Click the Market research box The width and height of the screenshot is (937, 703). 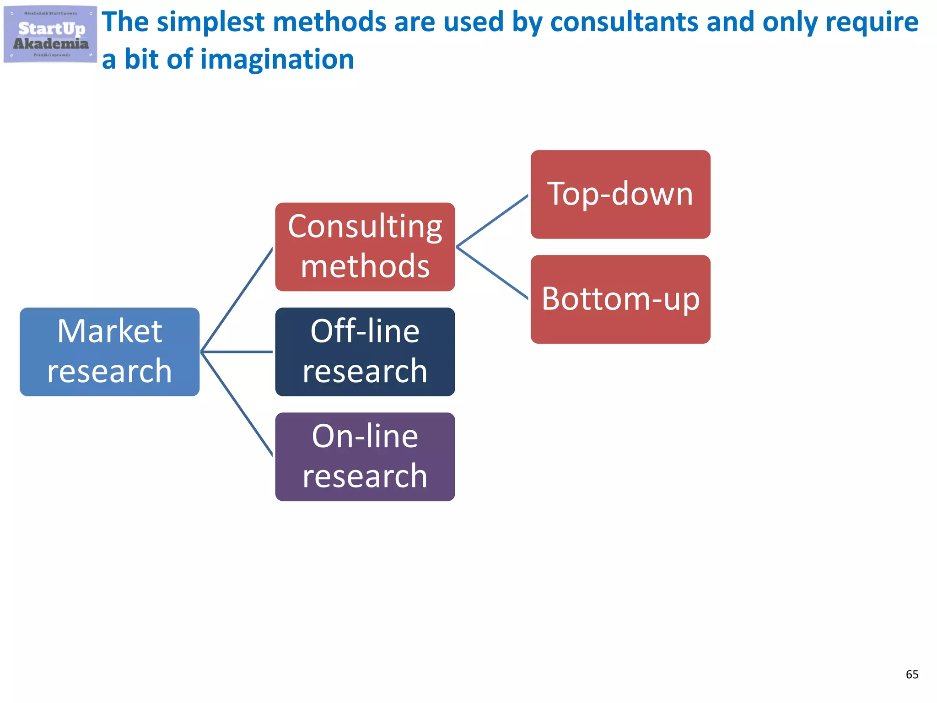tap(109, 351)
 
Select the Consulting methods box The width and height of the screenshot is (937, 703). tap(365, 247)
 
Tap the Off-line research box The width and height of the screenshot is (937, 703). tap(365, 351)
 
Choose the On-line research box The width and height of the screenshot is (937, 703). tap(365, 456)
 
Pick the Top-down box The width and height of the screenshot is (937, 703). tap(620, 194)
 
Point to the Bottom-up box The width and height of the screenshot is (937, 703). tap(620, 299)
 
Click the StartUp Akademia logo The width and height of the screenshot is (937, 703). tap(50, 34)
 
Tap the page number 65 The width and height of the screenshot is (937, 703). tap(911, 674)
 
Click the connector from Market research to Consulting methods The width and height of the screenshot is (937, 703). tap(237, 299)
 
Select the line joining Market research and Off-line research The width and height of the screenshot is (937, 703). tap(237, 351)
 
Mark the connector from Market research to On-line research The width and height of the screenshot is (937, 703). tap(237, 404)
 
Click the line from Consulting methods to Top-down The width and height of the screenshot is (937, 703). tap(492, 221)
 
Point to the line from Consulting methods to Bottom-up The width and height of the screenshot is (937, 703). tap(492, 273)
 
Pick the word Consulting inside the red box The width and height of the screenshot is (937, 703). tap(365, 227)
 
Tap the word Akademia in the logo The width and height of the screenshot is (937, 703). tap(50, 44)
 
